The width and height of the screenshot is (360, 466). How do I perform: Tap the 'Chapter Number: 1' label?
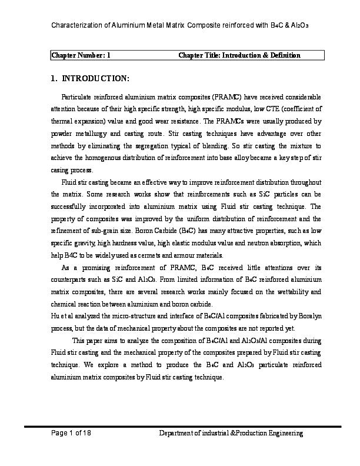81,55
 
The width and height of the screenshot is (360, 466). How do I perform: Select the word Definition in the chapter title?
286,55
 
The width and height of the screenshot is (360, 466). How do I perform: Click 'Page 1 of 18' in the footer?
71,433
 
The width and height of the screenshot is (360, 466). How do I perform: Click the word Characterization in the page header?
76,26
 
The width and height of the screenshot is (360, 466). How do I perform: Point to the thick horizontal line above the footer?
182,425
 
